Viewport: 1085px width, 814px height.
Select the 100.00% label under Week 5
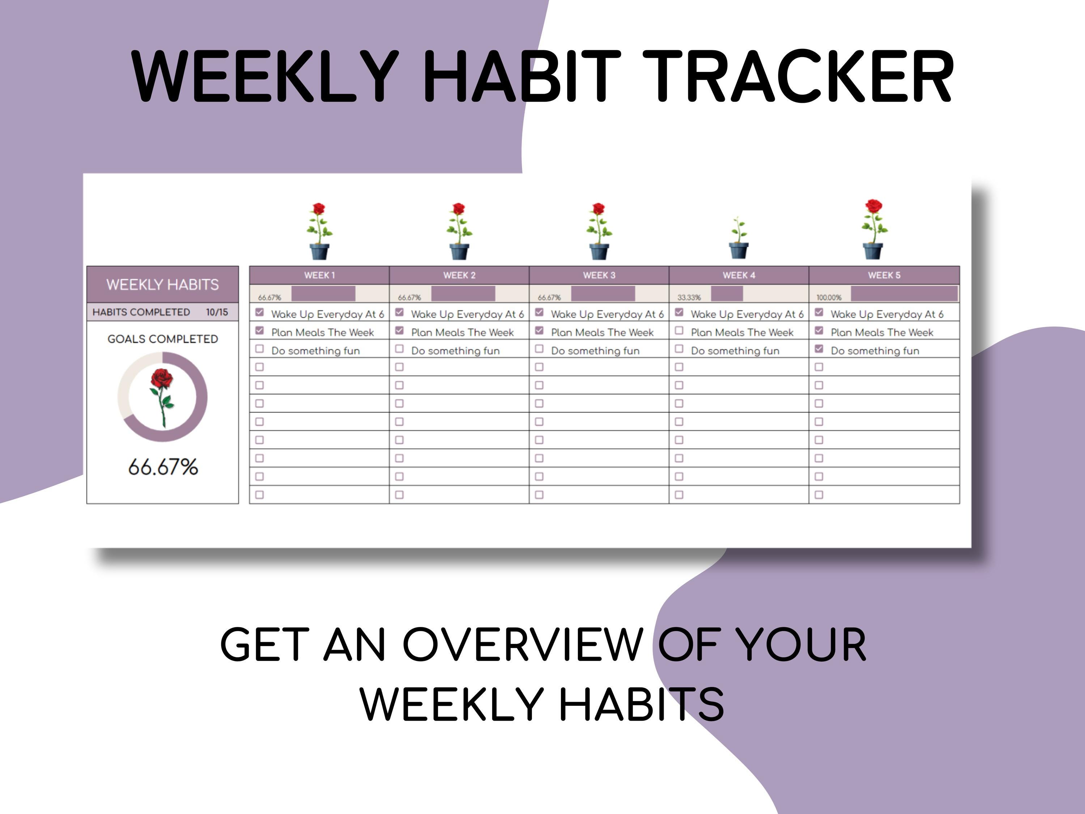click(x=829, y=297)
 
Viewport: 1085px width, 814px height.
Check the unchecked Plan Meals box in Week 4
click(x=679, y=331)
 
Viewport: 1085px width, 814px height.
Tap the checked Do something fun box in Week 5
click(x=819, y=349)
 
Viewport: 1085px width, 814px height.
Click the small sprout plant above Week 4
click(x=739, y=238)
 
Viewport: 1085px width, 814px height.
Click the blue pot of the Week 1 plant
click(x=319, y=252)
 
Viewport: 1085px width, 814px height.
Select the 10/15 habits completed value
click(x=217, y=312)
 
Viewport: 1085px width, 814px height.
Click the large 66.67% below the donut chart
click(x=163, y=467)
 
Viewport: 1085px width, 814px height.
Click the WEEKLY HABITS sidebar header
click(x=162, y=285)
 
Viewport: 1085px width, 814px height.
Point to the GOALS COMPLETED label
click(x=162, y=339)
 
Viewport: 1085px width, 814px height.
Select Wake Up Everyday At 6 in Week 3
click(x=607, y=314)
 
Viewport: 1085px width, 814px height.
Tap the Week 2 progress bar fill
click(x=463, y=294)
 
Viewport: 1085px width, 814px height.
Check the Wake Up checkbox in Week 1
click(x=259, y=313)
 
